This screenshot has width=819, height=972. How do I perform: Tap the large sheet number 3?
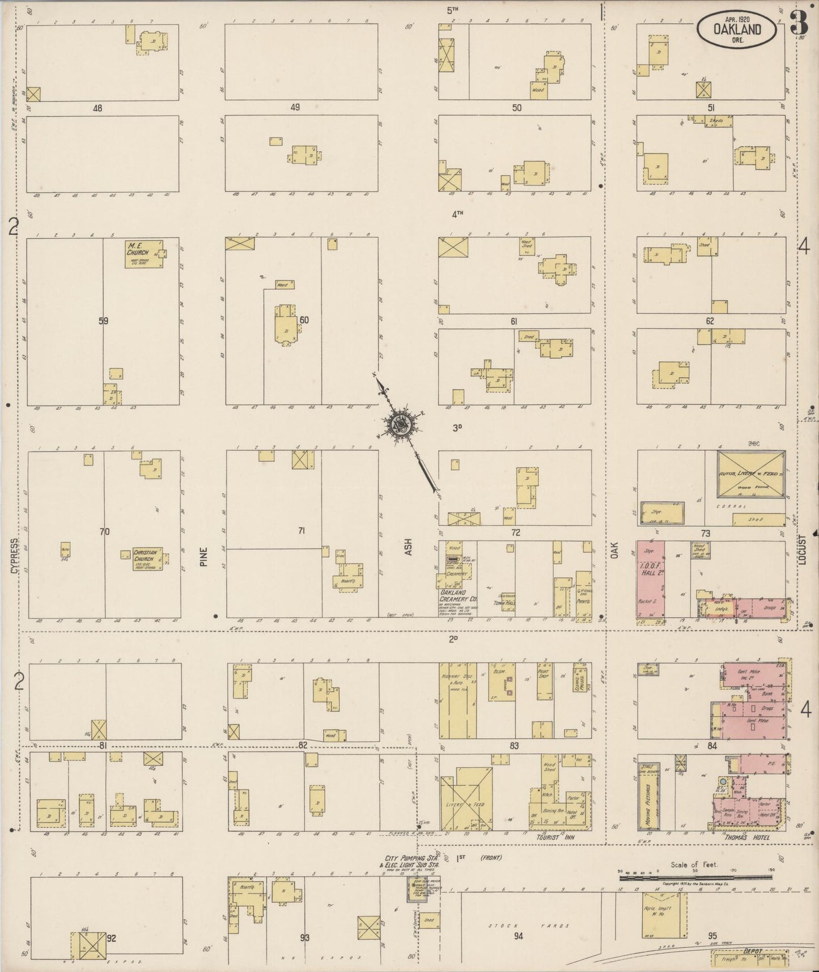coord(799,25)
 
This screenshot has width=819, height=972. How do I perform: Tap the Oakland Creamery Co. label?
coord(459,595)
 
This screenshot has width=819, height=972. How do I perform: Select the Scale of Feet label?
coord(694,864)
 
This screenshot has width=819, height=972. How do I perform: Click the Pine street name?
coord(204,556)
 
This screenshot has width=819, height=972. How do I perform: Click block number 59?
coord(103,321)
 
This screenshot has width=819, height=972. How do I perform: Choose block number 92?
coord(111,939)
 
